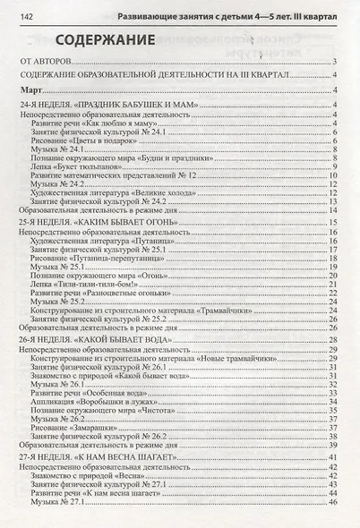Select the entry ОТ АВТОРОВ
[x=49, y=62]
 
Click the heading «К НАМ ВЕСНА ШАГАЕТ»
[x=93, y=457]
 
